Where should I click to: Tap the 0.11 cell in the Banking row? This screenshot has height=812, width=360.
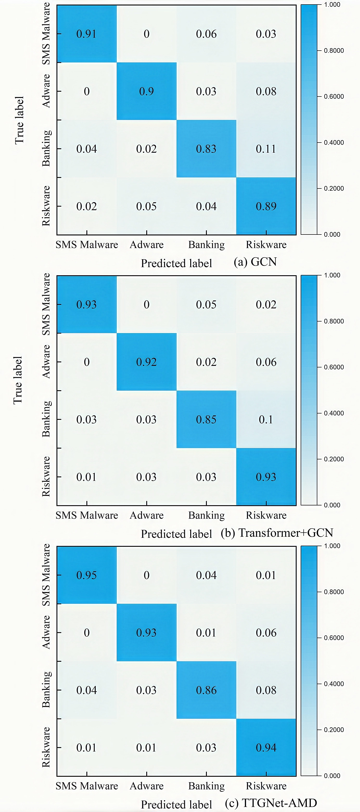(x=266, y=149)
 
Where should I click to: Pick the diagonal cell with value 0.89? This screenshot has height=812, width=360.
(x=266, y=206)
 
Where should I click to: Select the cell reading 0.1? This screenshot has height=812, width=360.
(x=266, y=420)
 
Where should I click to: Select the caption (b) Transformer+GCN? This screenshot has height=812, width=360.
(x=277, y=533)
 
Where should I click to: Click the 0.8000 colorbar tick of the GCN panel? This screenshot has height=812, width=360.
(x=333, y=50)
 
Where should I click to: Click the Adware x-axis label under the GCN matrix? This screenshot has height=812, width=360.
(x=147, y=245)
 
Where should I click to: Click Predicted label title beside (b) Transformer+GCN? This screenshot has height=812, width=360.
(x=176, y=534)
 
